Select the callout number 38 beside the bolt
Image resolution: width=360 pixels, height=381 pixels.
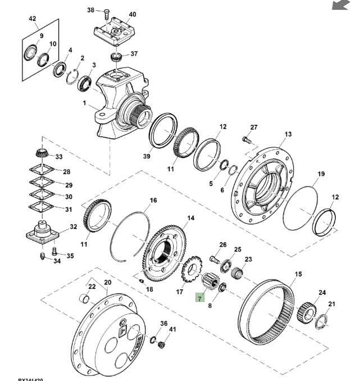[91, 10]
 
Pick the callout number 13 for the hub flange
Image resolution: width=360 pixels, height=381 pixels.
[288, 134]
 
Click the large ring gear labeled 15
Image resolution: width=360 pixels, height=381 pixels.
[269, 310]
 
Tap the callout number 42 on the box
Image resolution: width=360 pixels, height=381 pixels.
[32, 19]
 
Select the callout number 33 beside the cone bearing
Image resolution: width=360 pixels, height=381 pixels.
[59, 157]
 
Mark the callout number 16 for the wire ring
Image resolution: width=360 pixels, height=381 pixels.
[153, 200]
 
